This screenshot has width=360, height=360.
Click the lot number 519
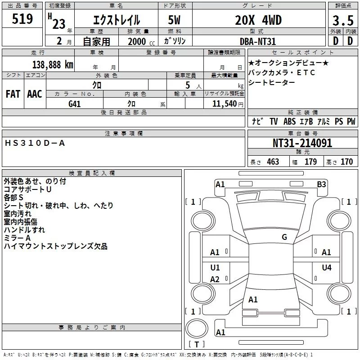[22, 19]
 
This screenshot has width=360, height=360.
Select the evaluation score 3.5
[342, 20]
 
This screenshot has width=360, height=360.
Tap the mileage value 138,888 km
[53, 64]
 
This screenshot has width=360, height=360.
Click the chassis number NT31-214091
[302, 143]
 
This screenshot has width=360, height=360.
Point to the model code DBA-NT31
[258, 41]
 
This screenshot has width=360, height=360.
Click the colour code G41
[75, 103]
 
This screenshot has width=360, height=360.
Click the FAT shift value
[13, 94]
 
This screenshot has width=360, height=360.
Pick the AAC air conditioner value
[34, 94]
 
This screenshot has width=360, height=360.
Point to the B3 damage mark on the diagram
[321, 184]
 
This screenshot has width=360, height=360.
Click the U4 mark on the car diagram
[326, 267]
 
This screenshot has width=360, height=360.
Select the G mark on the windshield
[284, 237]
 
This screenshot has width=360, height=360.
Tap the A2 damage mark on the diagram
[215, 279]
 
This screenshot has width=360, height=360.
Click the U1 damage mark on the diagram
[215, 267]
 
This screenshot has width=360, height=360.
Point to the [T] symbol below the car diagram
[196, 345]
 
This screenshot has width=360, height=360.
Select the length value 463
[273, 162]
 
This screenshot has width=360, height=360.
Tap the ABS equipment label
[289, 121]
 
